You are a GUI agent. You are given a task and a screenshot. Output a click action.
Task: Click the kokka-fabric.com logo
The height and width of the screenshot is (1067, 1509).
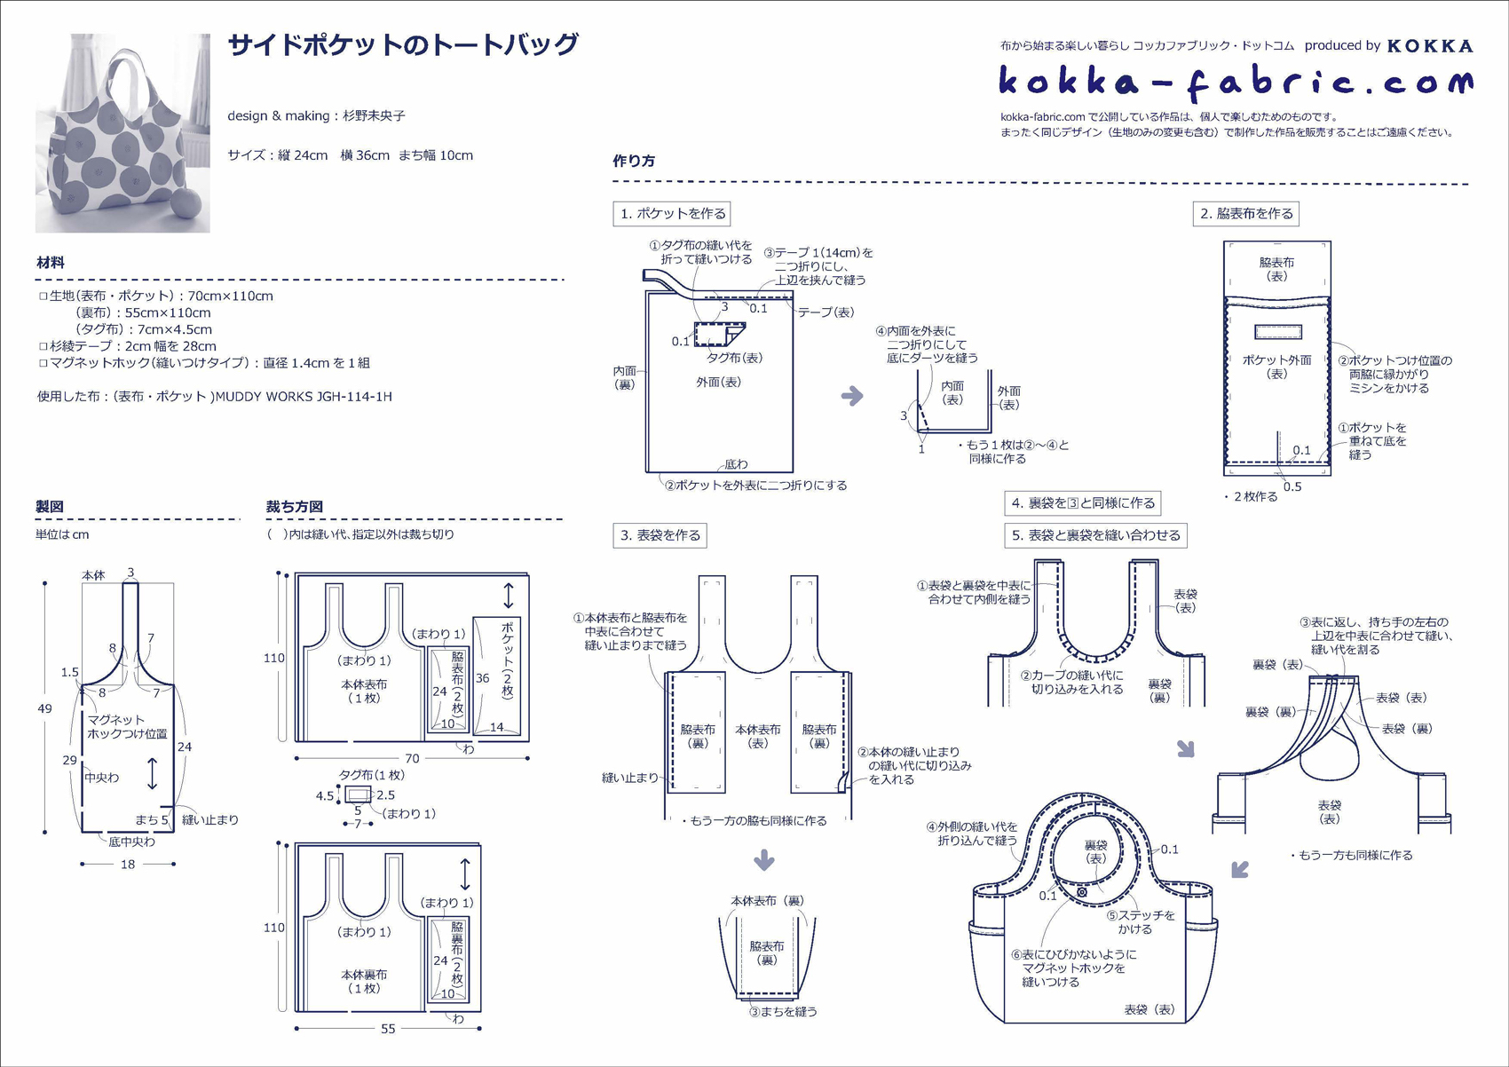coord(1235,82)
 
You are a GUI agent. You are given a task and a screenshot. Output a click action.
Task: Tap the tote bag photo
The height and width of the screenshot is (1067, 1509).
coord(122,133)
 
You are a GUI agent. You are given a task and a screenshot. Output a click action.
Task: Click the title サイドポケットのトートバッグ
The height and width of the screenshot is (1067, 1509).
coord(403,44)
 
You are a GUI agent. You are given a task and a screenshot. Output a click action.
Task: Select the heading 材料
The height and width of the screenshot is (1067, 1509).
coord(51,263)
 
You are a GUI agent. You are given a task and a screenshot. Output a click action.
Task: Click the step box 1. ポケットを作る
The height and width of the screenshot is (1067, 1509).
coord(672,214)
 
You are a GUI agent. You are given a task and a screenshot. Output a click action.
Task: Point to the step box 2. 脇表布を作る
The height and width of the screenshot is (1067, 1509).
coord(1245,214)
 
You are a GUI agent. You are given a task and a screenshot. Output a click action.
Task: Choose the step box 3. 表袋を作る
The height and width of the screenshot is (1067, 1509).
coord(660,535)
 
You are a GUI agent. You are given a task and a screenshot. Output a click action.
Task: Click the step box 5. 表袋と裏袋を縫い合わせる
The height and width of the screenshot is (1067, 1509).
coord(1095,535)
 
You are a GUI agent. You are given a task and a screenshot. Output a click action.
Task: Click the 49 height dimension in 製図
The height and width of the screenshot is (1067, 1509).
coord(44,708)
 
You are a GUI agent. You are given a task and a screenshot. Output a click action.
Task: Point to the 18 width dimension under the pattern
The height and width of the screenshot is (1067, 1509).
coord(128,864)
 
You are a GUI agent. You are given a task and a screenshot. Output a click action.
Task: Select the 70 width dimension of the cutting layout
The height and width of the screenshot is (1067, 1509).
coord(412,759)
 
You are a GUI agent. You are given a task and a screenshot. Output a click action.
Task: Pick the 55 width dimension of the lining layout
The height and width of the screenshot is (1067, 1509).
coord(388,1029)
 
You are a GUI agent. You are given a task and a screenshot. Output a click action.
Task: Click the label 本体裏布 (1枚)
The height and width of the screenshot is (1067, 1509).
coord(364,981)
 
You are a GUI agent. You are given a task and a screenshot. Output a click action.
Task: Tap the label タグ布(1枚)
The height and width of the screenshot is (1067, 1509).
coord(372,775)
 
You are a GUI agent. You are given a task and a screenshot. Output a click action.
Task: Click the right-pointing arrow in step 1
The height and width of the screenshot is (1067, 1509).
coord(852,396)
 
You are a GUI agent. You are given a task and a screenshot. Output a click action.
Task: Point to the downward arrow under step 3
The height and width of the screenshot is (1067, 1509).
coord(764,859)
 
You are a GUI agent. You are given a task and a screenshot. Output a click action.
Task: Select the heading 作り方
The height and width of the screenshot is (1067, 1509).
coord(634,161)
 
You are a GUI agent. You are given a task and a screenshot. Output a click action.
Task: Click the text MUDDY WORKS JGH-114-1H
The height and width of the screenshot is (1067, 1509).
coord(304,397)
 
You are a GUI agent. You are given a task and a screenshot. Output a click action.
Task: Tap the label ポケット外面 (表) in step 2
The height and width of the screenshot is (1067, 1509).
coord(1276,367)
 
